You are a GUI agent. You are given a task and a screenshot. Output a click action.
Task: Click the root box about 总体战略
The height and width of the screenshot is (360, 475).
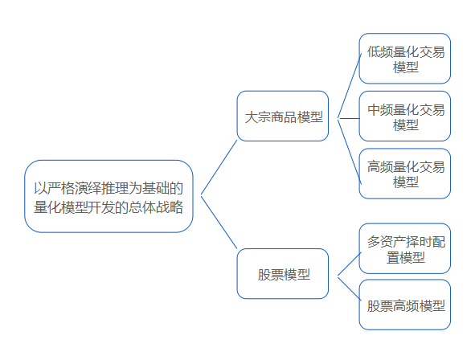click(x=109, y=196)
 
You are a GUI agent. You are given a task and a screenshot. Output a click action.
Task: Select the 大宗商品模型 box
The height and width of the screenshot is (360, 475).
click(x=283, y=116)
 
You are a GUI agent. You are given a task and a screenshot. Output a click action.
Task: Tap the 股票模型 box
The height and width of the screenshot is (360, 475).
click(x=283, y=274)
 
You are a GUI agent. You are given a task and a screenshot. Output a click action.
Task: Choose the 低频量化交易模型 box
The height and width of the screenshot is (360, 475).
click(x=405, y=59)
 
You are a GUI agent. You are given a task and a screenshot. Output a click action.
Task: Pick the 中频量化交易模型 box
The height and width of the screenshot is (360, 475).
click(x=405, y=116)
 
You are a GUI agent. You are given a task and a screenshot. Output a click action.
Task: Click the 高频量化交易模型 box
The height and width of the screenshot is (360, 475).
click(x=405, y=174)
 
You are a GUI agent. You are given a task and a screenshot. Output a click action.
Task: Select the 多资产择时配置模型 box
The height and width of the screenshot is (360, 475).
click(x=405, y=248)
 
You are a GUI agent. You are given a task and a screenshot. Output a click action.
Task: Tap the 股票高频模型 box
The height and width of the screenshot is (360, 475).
click(x=405, y=305)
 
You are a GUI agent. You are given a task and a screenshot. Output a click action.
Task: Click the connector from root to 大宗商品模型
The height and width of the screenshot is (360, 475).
click(x=219, y=167)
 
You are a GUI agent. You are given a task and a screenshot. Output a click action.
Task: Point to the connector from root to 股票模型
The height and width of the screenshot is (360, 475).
click(x=219, y=222)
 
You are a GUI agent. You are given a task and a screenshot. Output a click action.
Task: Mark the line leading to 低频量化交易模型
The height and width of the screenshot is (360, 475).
click(x=350, y=86)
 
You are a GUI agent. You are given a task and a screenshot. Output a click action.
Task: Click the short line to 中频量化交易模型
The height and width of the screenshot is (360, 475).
click(x=348, y=118)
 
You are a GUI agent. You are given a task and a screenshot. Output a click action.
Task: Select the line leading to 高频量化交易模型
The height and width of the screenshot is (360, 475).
click(x=350, y=151)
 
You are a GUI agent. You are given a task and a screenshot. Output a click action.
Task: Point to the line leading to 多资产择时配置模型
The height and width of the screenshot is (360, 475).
click(x=350, y=264)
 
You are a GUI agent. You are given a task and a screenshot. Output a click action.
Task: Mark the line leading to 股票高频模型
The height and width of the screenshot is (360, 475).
click(x=350, y=288)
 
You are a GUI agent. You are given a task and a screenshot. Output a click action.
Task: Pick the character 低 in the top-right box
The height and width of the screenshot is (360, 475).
click(x=374, y=51)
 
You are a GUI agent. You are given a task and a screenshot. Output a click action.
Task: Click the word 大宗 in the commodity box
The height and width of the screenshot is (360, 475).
click(x=257, y=117)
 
